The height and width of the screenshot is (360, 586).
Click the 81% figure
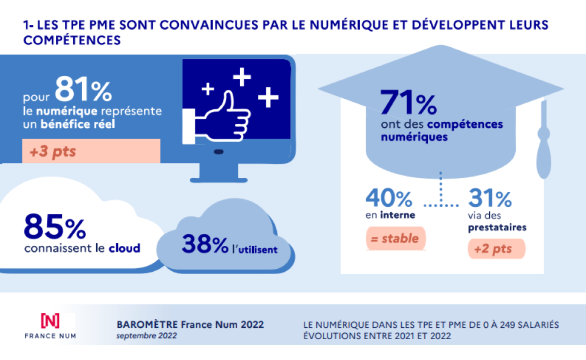pyautogui.click(x=83, y=89)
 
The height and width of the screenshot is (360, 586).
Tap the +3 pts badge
pyautogui.click(x=53, y=151)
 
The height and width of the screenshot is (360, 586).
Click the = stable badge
pyautogui.click(x=395, y=239)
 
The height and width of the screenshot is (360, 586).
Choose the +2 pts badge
pyautogui.click(x=496, y=250)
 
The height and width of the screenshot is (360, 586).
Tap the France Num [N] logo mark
pyautogui.click(x=50, y=321)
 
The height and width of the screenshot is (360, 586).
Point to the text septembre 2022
pyautogui.click(x=146, y=336)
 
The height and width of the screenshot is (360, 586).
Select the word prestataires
pyautogui.click(x=497, y=229)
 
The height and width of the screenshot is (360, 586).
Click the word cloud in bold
pyautogui.click(x=124, y=248)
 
